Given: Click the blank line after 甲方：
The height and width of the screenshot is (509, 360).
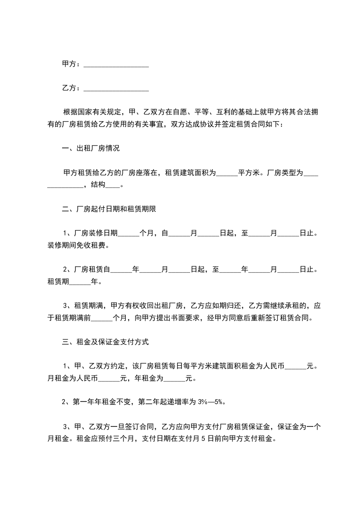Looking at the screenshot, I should pos(116,65).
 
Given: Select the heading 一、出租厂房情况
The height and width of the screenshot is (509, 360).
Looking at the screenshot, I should pos(91,148).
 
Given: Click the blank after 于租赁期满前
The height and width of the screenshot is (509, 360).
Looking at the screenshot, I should pos(102,318).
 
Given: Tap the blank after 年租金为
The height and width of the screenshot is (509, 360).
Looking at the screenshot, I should pos(180,379).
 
